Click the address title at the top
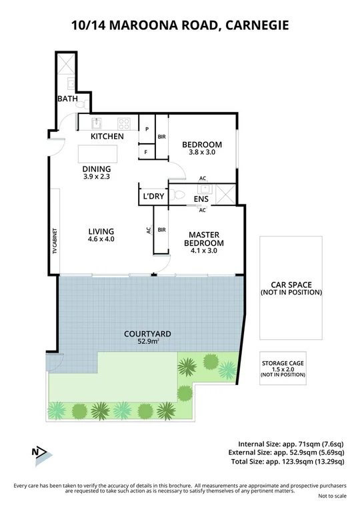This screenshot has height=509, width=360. pos(180,26)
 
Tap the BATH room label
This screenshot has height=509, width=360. pos(67,99)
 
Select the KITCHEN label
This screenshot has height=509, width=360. pos(107,137)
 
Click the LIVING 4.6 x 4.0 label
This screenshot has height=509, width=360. pos(102,235)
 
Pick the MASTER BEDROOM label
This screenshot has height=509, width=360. pos(205,239)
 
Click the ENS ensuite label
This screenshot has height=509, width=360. pos(201,199)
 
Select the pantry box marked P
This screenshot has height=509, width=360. pos(146,129)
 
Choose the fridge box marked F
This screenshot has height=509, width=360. pos(146,153)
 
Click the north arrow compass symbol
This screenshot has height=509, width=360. pos(40,454)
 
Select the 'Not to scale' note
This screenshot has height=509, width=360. pos(331,496)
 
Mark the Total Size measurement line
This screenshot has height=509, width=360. pos(291,461)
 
